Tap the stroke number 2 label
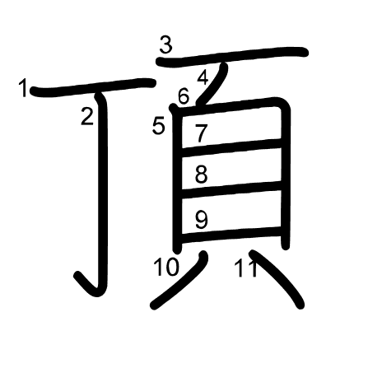click(x=87, y=116)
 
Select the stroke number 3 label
click(x=166, y=45)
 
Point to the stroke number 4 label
click(x=203, y=77)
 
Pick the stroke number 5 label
click(x=159, y=126)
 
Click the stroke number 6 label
click(x=184, y=96)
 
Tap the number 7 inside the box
click(x=201, y=133)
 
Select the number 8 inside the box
click(x=201, y=175)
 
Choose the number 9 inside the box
click(x=202, y=220)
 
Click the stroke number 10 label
click(x=166, y=267)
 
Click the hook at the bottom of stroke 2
click(x=89, y=286)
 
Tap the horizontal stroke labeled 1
click(x=93, y=87)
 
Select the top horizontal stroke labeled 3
click(x=232, y=57)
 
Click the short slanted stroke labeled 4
click(x=213, y=84)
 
